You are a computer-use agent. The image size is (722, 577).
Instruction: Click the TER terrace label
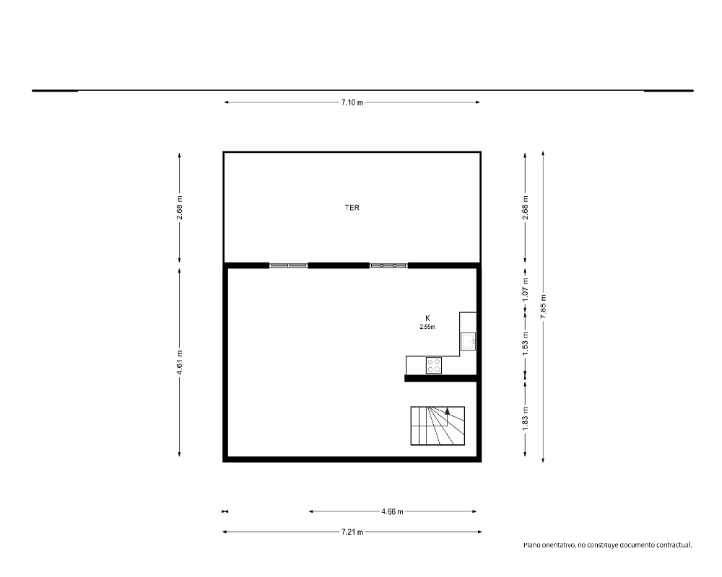pos(352,208)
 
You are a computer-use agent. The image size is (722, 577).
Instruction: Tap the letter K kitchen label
pos(427,318)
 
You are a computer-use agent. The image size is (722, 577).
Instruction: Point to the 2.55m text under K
pos(427,327)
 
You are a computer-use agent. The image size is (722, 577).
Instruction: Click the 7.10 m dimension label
pos(352,102)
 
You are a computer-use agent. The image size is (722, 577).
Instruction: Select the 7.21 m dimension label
pos(352,532)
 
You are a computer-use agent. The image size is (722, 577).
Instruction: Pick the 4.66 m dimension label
pos(392,511)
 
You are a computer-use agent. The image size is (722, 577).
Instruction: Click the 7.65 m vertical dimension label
pos(544,306)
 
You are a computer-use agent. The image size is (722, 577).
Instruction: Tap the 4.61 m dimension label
pos(180,362)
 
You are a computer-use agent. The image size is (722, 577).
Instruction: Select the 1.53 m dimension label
pos(525,343)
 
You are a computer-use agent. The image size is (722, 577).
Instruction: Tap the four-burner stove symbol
pos(434,366)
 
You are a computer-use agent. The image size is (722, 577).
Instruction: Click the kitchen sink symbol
pos(469,341)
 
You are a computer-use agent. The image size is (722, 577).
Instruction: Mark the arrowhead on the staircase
pos(447,411)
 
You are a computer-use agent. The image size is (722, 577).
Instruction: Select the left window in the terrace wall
pos(289,265)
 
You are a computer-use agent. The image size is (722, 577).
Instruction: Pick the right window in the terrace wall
pos(388,265)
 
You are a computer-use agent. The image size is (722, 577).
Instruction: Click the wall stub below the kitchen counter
pos(440,378)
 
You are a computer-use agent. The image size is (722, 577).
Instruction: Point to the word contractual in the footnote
pos(674,545)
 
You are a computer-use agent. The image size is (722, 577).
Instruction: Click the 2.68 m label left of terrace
pos(180,208)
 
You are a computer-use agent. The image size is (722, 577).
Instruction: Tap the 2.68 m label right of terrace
pos(525,208)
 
